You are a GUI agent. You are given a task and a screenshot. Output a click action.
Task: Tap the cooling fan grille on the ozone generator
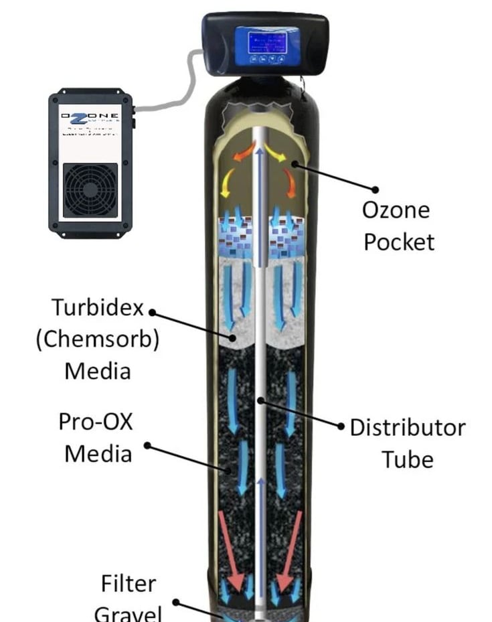point(90,191)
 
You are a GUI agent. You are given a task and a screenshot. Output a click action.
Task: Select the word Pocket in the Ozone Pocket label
point(399,241)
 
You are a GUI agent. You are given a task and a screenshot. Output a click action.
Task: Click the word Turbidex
point(98,308)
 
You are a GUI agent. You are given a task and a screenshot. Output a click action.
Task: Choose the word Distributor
point(408,427)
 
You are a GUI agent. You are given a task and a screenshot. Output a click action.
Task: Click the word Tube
point(408,459)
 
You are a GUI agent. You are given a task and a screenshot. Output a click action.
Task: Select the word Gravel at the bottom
point(129,613)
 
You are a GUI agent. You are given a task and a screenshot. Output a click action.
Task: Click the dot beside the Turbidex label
point(152,312)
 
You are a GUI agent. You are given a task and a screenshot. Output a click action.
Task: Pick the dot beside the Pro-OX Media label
point(148,445)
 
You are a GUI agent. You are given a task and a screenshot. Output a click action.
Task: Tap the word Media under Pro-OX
point(98,453)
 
